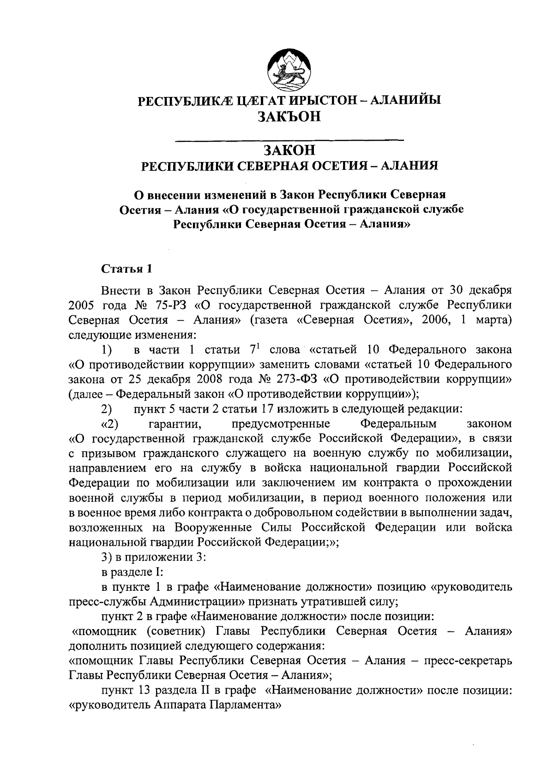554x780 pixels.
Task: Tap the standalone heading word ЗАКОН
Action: [x=290, y=150]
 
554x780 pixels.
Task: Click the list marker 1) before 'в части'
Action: [x=107, y=350]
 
